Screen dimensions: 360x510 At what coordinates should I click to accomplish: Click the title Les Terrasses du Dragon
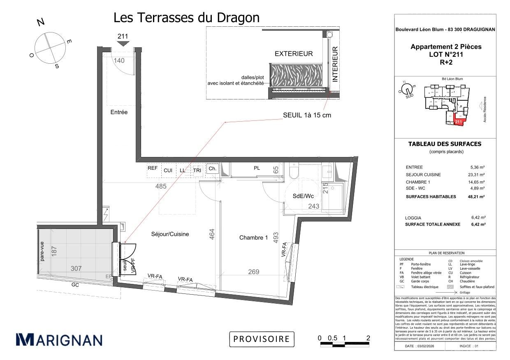(x=186, y=18)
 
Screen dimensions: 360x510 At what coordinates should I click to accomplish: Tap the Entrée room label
(x=119, y=112)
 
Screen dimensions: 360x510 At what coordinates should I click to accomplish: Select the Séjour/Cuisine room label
(x=169, y=234)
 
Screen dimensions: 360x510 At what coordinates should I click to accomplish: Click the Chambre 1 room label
(x=253, y=238)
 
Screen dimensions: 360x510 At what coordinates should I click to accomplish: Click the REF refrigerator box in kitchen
(x=153, y=168)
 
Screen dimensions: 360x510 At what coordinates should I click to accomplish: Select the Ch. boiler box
(x=212, y=168)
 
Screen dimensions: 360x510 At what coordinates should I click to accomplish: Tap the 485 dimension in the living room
(x=161, y=186)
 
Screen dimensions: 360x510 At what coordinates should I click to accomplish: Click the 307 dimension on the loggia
(x=76, y=268)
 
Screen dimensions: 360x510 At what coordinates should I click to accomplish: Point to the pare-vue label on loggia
(x=42, y=252)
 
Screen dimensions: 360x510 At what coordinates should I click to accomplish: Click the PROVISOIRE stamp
(x=262, y=339)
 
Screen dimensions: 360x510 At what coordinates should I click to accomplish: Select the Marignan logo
(x=59, y=339)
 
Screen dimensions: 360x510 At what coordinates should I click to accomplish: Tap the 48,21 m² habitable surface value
(x=478, y=197)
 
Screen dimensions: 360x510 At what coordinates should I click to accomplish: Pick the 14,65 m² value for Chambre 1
(x=478, y=182)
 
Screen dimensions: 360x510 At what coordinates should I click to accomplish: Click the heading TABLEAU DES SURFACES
(x=444, y=144)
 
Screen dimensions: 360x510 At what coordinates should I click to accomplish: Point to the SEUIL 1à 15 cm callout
(x=307, y=115)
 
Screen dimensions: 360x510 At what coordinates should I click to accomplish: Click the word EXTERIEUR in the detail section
(x=294, y=54)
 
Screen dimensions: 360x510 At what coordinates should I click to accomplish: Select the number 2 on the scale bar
(x=368, y=338)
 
